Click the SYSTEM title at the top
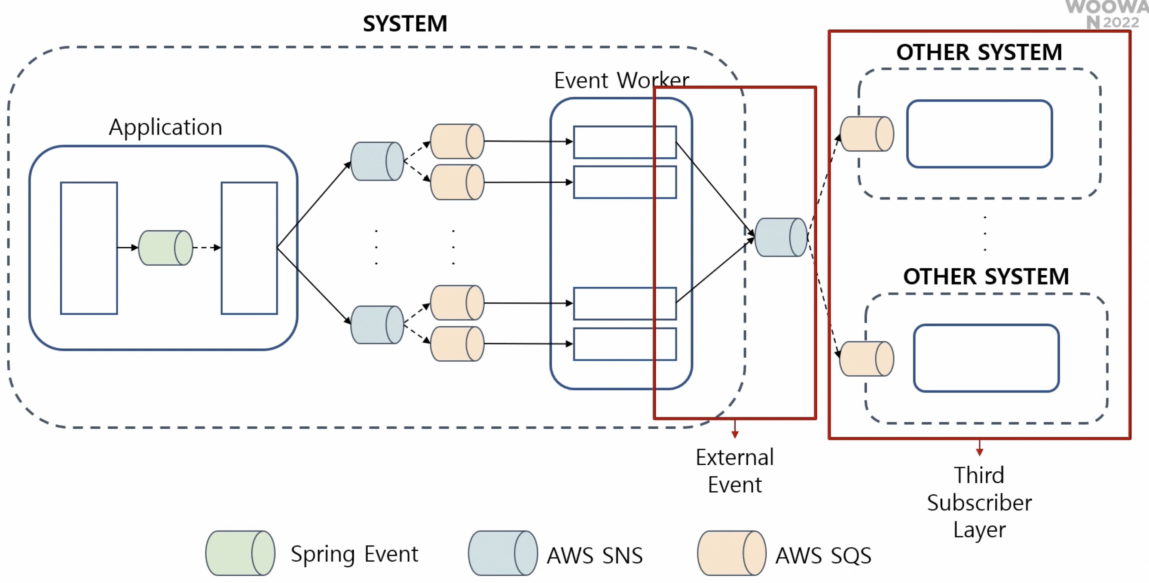point(405,24)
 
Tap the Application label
point(165,127)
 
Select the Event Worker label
point(621,80)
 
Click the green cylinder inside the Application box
point(165,248)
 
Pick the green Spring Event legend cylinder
point(240,553)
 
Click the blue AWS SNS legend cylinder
point(503,553)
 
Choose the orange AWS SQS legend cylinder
point(731,553)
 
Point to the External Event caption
point(735,471)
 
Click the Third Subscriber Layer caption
point(979,503)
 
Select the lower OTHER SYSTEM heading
point(986,276)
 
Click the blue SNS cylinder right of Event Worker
point(781,237)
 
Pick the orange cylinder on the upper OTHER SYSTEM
point(867,134)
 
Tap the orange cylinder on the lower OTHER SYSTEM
point(867,359)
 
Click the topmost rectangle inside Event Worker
point(624,142)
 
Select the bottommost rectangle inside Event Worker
point(624,344)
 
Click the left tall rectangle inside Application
point(89,248)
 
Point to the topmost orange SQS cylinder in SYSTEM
point(457,141)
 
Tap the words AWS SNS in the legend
point(595,555)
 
